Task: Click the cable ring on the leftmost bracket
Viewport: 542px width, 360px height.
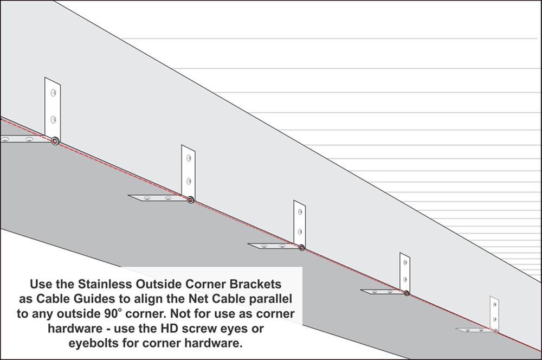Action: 55,141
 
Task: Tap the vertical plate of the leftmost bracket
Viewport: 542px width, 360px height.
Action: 53,108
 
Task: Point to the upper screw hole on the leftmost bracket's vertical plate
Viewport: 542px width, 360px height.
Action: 53,92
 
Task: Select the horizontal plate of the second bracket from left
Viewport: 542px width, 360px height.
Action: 157,198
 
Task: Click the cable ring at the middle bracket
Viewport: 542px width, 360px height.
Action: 301,248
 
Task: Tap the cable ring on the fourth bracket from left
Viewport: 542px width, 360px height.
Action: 406,293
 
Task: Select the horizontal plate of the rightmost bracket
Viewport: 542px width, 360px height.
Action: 473,329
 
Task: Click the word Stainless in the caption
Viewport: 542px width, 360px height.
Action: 105,284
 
